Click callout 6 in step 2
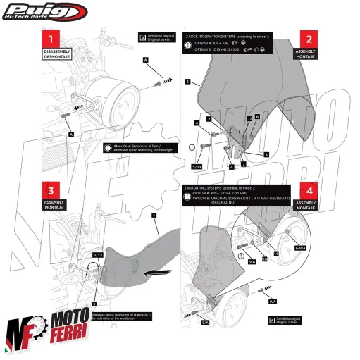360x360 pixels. point(257,116)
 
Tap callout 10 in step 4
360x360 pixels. point(265,259)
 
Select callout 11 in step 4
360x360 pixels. point(276,251)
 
